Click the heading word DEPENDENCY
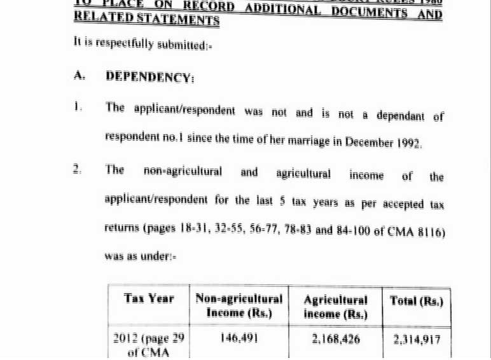[149, 77]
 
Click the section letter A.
[79, 76]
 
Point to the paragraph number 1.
[78, 107]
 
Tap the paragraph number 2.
[77, 169]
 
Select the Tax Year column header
[149, 298]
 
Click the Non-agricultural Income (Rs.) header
[239, 305]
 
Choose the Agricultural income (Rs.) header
[335, 307]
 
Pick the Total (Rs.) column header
[417, 301]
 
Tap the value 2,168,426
[336, 340]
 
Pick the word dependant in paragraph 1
[400, 116]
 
